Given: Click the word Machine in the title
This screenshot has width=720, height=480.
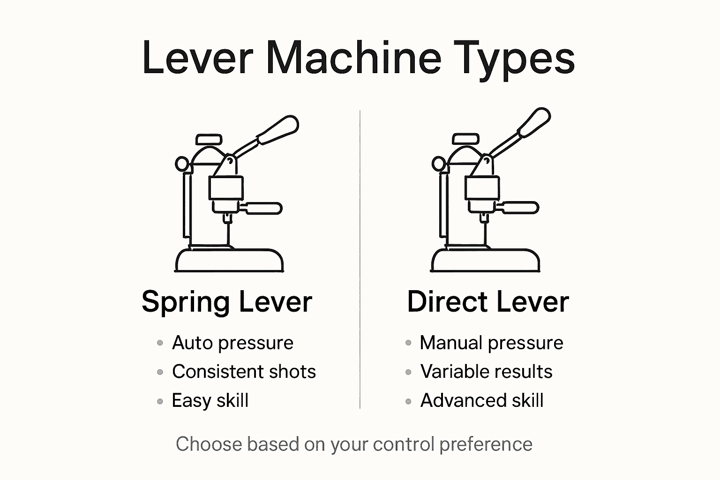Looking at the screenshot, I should pyautogui.click(x=354, y=58).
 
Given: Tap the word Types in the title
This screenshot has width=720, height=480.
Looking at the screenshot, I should pyautogui.click(x=516, y=58).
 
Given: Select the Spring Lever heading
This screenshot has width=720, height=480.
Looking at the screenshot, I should pyautogui.click(x=227, y=302).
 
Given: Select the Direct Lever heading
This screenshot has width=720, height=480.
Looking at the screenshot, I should pyautogui.click(x=487, y=302).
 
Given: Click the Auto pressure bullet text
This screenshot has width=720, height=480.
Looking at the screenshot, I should pyautogui.click(x=232, y=343).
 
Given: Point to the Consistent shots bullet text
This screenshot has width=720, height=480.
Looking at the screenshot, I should pyautogui.click(x=244, y=372).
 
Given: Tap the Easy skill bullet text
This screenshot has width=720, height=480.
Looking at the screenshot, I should pyautogui.click(x=210, y=401).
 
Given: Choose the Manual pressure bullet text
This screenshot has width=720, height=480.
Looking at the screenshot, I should pyautogui.click(x=491, y=343).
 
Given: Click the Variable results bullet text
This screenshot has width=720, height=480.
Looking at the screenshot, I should pyautogui.click(x=486, y=372).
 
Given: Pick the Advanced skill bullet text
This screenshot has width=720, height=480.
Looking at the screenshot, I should pyautogui.click(x=482, y=401).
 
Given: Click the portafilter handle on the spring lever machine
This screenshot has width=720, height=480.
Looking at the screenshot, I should pyautogui.click(x=263, y=208).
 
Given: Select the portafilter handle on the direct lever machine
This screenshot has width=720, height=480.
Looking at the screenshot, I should pyautogui.click(x=519, y=207).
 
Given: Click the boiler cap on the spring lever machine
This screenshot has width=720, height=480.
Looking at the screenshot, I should pyautogui.click(x=209, y=139).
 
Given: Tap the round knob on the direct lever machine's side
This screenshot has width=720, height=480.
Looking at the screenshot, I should pyautogui.click(x=438, y=164).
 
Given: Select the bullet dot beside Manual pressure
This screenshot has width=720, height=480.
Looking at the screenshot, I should pyautogui.click(x=408, y=343).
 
